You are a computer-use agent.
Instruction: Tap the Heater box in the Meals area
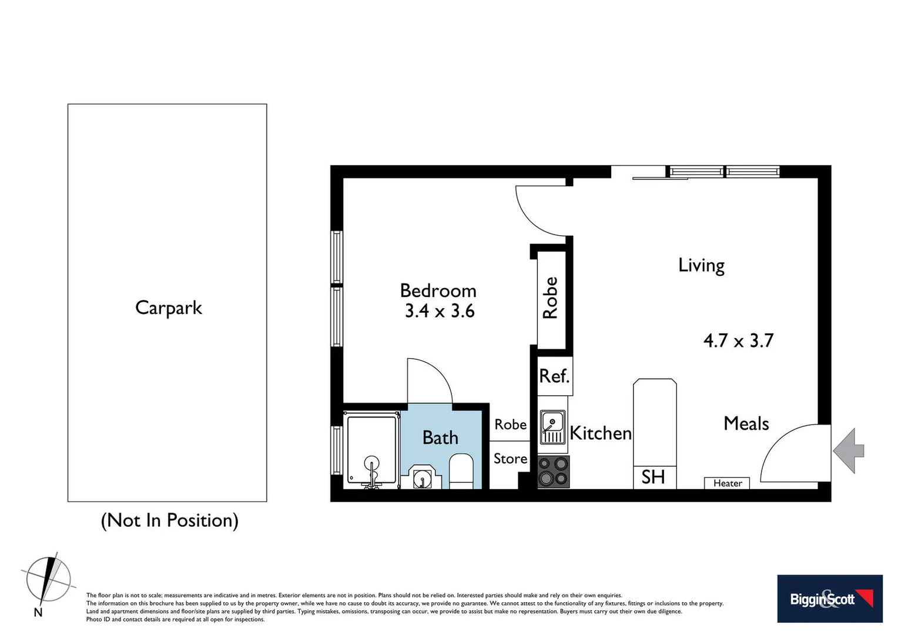[x=727, y=483]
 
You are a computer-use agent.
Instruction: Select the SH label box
[x=654, y=477]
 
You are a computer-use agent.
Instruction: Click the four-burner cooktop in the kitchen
[x=554, y=472]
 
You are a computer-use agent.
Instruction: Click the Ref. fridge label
[x=554, y=376]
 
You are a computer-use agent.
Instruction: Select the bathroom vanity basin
[x=421, y=478]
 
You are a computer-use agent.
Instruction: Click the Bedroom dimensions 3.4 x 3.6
[x=440, y=311]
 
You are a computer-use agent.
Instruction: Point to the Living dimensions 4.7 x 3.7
[x=739, y=340]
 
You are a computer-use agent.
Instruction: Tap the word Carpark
[x=169, y=308]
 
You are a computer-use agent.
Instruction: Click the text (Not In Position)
[x=170, y=520]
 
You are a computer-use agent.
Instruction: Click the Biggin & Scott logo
[x=830, y=599]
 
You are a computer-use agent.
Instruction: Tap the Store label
[x=510, y=459]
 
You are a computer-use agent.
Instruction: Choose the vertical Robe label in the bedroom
[x=551, y=298]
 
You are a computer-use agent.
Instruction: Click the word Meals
[x=746, y=423]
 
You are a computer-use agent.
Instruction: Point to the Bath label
[x=440, y=437]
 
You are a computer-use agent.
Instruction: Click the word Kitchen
[x=601, y=433]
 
